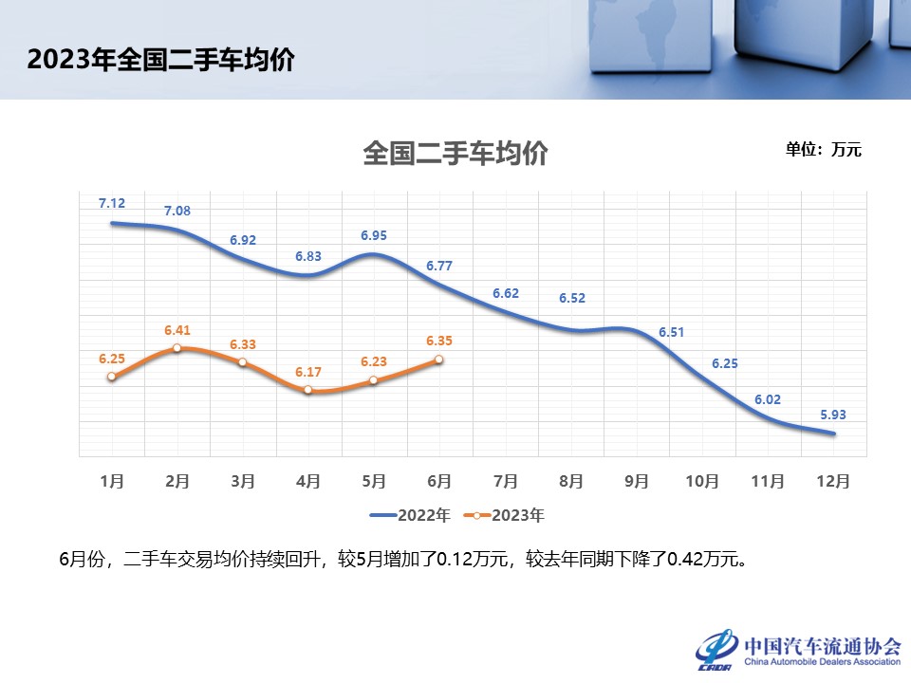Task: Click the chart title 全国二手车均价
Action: (x=455, y=154)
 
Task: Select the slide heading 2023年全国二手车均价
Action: (x=160, y=61)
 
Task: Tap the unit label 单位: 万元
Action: (x=823, y=149)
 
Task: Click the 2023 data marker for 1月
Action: (x=112, y=377)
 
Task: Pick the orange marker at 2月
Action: (x=177, y=348)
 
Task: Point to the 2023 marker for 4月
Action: (x=308, y=390)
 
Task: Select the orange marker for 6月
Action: (x=438, y=360)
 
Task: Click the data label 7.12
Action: (x=112, y=203)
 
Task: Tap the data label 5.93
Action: (x=832, y=414)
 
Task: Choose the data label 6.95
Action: (x=374, y=235)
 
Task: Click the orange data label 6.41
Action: (x=177, y=330)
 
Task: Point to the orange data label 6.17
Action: (x=308, y=372)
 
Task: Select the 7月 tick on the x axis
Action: (x=505, y=481)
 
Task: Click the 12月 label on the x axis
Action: (x=832, y=481)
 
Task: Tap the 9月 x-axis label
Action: (x=636, y=481)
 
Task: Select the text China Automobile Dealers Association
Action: (x=823, y=662)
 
